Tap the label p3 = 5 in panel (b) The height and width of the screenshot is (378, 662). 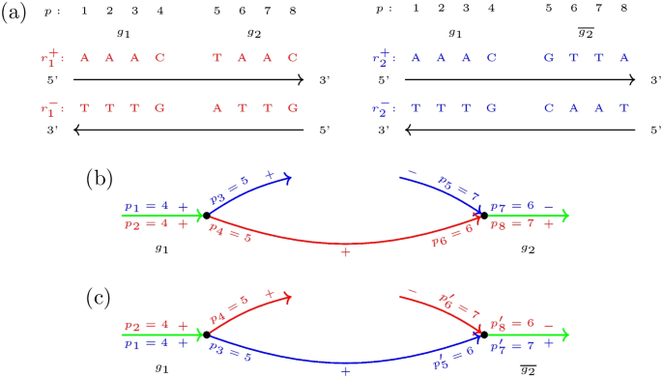230,191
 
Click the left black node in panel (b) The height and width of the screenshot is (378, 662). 207,216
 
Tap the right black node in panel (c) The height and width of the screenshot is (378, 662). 484,334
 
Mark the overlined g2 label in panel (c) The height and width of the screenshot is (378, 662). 528,367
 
